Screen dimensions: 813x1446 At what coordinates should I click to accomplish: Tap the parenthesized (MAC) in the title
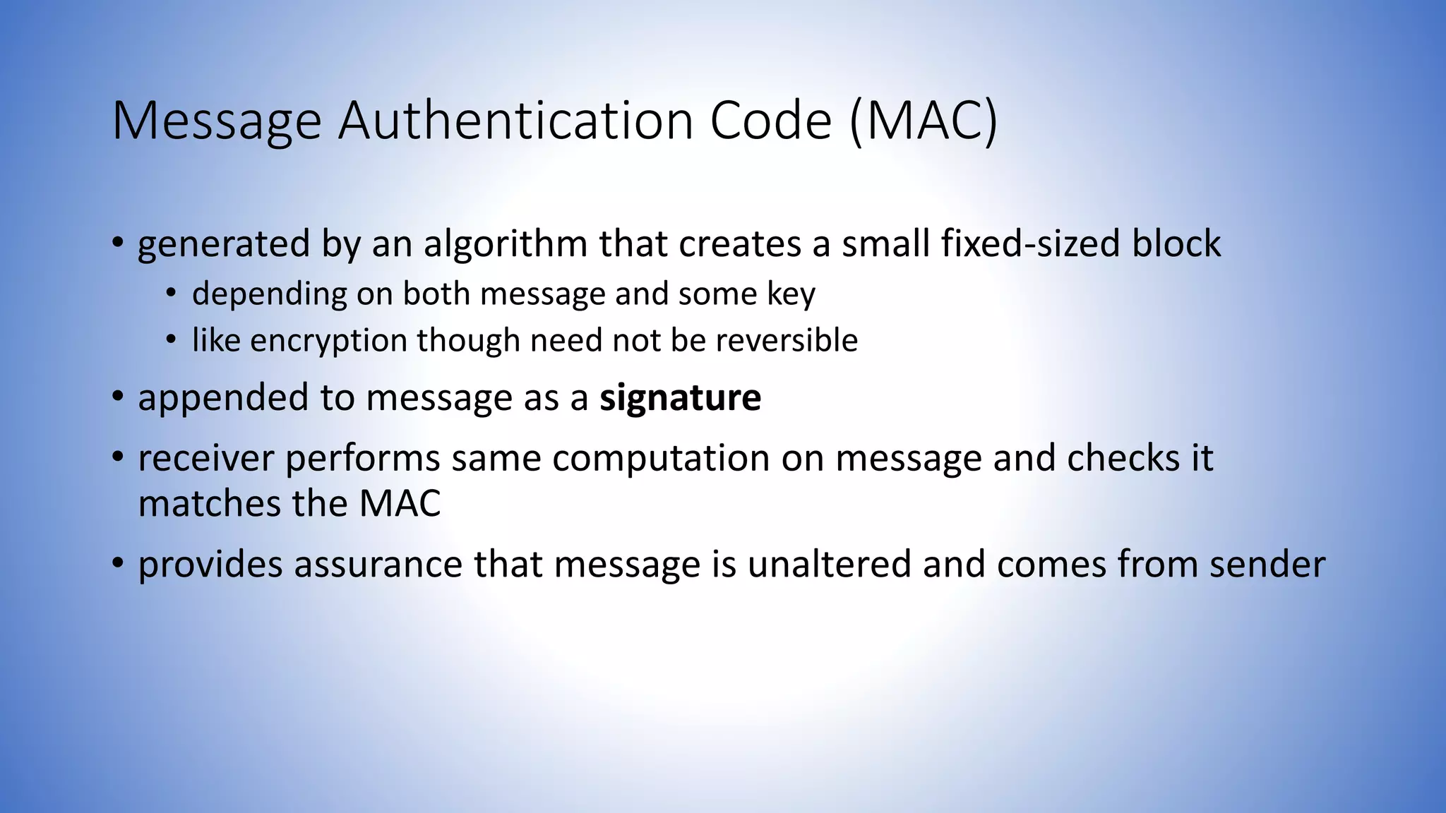point(924,122)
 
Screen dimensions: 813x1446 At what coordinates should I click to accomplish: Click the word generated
point(224,245)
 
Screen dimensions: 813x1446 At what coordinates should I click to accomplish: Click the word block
point(1176,243)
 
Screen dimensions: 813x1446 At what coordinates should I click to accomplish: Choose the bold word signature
point(680,398)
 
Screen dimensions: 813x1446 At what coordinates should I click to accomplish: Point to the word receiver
point(205,459)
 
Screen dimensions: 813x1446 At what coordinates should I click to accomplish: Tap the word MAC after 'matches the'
point(400,504)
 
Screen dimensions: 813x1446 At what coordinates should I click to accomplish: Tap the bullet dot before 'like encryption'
point(171,340)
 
